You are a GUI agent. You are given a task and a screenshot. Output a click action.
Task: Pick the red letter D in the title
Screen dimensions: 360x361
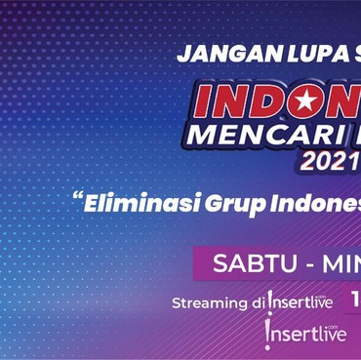point(257,102)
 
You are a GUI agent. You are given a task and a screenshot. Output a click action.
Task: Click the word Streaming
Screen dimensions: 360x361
point(208,302)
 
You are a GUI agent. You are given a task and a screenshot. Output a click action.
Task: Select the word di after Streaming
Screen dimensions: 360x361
point(256,302)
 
